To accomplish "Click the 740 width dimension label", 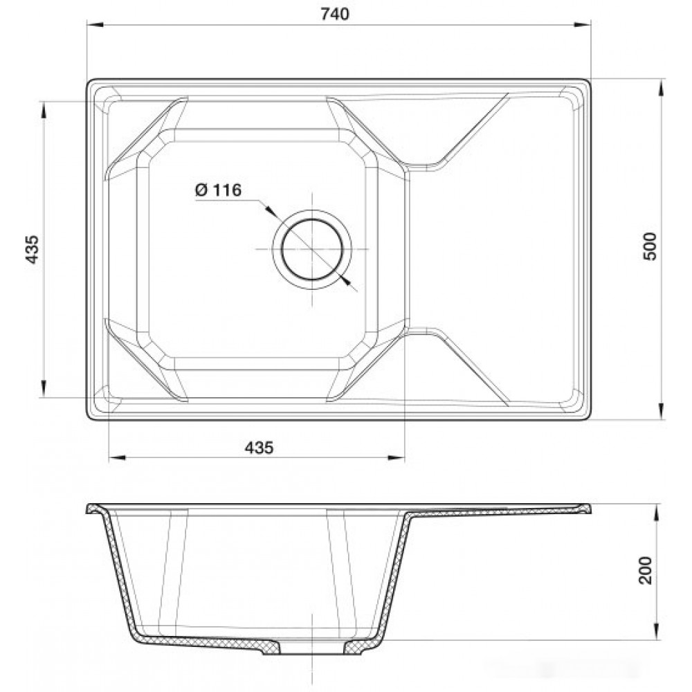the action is click(334, 14).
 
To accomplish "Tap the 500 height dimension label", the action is click(650, 246).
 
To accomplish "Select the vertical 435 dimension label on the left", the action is click(32, 250).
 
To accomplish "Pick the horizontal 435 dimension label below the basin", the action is click(259, 448).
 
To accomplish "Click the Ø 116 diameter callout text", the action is click(218, 190).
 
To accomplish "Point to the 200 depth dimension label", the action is click(646, 570).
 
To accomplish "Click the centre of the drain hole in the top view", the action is click(312, 249).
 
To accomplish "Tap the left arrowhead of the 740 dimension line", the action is click(95, 25).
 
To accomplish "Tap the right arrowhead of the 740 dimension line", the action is click(583, 25).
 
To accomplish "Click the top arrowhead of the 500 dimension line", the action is click(661, 89).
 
